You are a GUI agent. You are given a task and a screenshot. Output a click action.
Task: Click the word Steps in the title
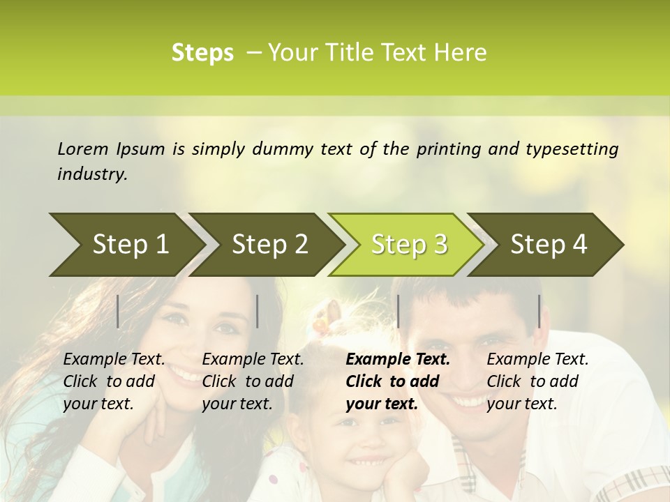tap(202, 53)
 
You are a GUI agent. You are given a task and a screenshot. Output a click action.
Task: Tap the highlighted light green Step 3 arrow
tap(409, 245)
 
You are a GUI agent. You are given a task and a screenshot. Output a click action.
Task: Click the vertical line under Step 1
tap(118, 311)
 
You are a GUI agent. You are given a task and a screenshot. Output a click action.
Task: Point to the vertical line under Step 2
tap(258, 311)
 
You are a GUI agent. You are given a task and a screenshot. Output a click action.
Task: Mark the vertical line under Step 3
tap(398, 311)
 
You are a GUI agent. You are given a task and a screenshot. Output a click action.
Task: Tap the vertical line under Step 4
tap(539, 311)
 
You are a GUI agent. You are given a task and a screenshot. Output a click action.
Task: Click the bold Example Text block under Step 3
tap(398, 381)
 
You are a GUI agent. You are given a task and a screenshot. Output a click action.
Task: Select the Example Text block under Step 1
tap(114, 381)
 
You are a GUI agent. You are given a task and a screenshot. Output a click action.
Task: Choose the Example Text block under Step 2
tap(253, 381)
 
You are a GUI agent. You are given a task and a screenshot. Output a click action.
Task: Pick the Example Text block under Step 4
tap(537, 381)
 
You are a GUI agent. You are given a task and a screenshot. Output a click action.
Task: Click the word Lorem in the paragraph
tap(83, 149)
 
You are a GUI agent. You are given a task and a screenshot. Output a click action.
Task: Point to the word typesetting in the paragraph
tap(572, 149)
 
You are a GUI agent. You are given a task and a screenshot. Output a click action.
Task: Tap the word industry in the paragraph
tap(92, 174)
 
